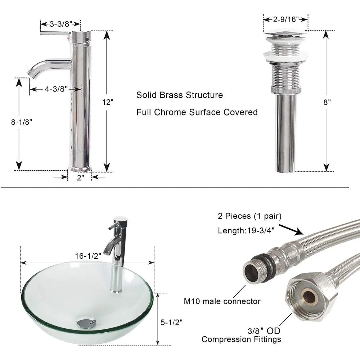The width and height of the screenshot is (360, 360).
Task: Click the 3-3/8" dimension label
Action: (60, 24)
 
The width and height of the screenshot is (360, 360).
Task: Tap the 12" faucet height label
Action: (108, 102)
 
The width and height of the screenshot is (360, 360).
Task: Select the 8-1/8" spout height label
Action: (22, 122)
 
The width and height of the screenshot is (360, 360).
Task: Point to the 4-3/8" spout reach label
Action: (57, 89)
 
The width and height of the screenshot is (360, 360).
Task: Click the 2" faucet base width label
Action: (80, 177)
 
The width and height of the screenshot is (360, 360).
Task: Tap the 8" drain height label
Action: (327, 102)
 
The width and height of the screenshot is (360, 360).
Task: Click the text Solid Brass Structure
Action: (179, 95)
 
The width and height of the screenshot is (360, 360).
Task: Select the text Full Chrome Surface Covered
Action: (197, 112)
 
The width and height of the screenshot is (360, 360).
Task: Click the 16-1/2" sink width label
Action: (88, 256)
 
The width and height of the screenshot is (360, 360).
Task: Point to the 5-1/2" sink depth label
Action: (171, 323)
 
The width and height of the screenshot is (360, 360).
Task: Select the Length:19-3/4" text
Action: (247, 231)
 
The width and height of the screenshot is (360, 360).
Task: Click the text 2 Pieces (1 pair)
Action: (249, 216)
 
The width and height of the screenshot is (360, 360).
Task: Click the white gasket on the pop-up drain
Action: (286, 55)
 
